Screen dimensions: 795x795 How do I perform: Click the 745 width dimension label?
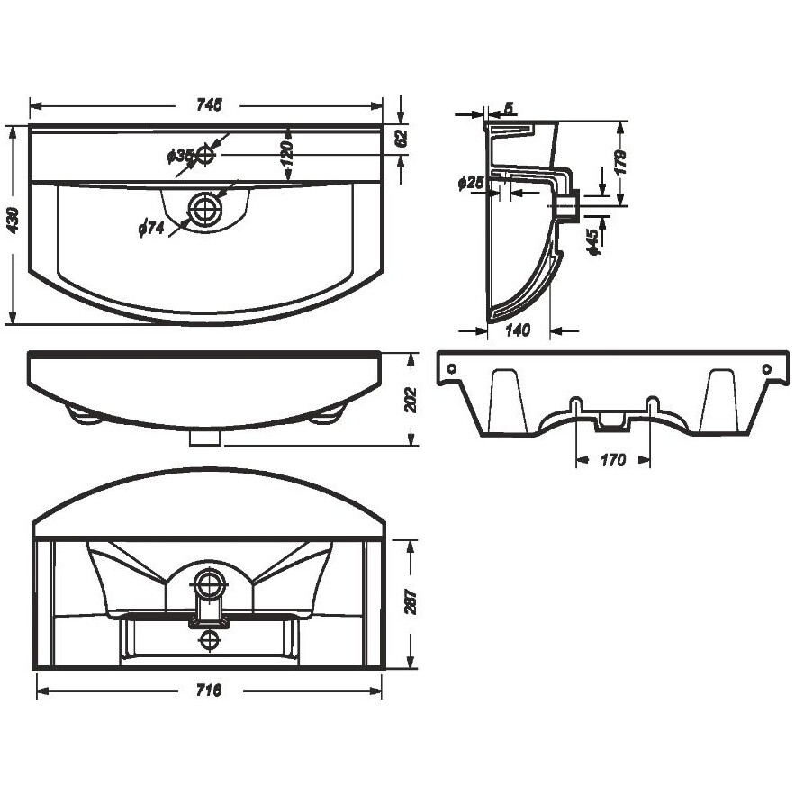coord(209,105)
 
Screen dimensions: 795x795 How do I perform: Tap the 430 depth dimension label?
coord(14,220)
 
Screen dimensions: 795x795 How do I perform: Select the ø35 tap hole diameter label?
coord(180,156)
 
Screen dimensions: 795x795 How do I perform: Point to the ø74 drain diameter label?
coord(151,228)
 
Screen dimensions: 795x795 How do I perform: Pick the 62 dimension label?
coord(401,138)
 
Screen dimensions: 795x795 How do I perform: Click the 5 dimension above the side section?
coord(510,107)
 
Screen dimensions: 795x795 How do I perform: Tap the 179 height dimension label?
coord(620,162)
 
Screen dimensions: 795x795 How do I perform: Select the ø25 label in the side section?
coord(471,183)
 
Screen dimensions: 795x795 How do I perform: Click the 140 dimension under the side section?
coord(518,330)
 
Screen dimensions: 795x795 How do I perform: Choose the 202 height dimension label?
coord(411,400)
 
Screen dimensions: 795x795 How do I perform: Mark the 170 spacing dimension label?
coord(613,460)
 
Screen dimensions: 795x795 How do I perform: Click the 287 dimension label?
coord(411,601)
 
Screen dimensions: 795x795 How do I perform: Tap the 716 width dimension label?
coord(209,690)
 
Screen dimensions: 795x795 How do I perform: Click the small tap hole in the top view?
coord(205,155)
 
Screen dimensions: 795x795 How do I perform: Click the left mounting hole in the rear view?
coord(452,368)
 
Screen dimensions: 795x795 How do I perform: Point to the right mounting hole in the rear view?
coord(766,368)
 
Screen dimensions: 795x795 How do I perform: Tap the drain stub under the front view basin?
coord(205,438)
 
